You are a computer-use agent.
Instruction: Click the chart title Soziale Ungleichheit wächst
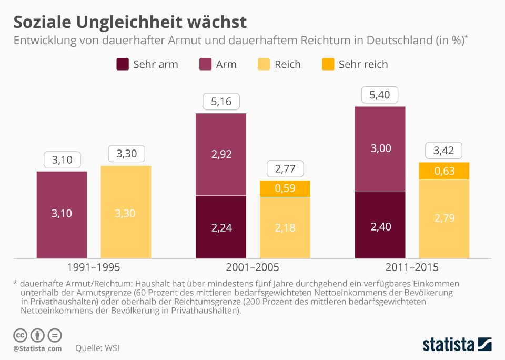click(x=129, y=22)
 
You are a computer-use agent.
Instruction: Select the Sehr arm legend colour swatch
click(x=122, y=64)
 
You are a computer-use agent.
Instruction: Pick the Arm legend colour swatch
click(x=205, y=64)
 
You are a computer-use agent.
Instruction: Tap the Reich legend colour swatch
click(x=264, y=64)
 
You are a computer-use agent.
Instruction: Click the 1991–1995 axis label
click(x=94, y=267)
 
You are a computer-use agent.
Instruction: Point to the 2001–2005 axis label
click(x=252, y=267)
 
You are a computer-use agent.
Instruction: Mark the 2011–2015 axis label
click(x=412, y=267)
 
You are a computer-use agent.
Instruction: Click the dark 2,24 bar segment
click(x=221, y=227)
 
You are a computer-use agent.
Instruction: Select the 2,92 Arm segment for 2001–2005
click(x=221, y=154)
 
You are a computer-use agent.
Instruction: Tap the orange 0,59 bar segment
click(x=285, y=189)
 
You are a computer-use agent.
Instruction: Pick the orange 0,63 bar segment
click(x=444, y=171)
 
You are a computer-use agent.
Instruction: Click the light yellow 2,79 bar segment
click(x=444, y=219)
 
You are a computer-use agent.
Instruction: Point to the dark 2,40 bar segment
click(x=380, y=225)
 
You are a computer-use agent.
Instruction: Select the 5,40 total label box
click(x=380, y=95)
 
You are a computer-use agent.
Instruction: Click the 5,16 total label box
click(x=221, y=102)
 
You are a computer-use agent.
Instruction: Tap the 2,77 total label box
click(x=285, y=169)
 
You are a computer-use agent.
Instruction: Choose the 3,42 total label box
click(x=444, y=151)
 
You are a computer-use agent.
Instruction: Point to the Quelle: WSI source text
click(x=96, y=348)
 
